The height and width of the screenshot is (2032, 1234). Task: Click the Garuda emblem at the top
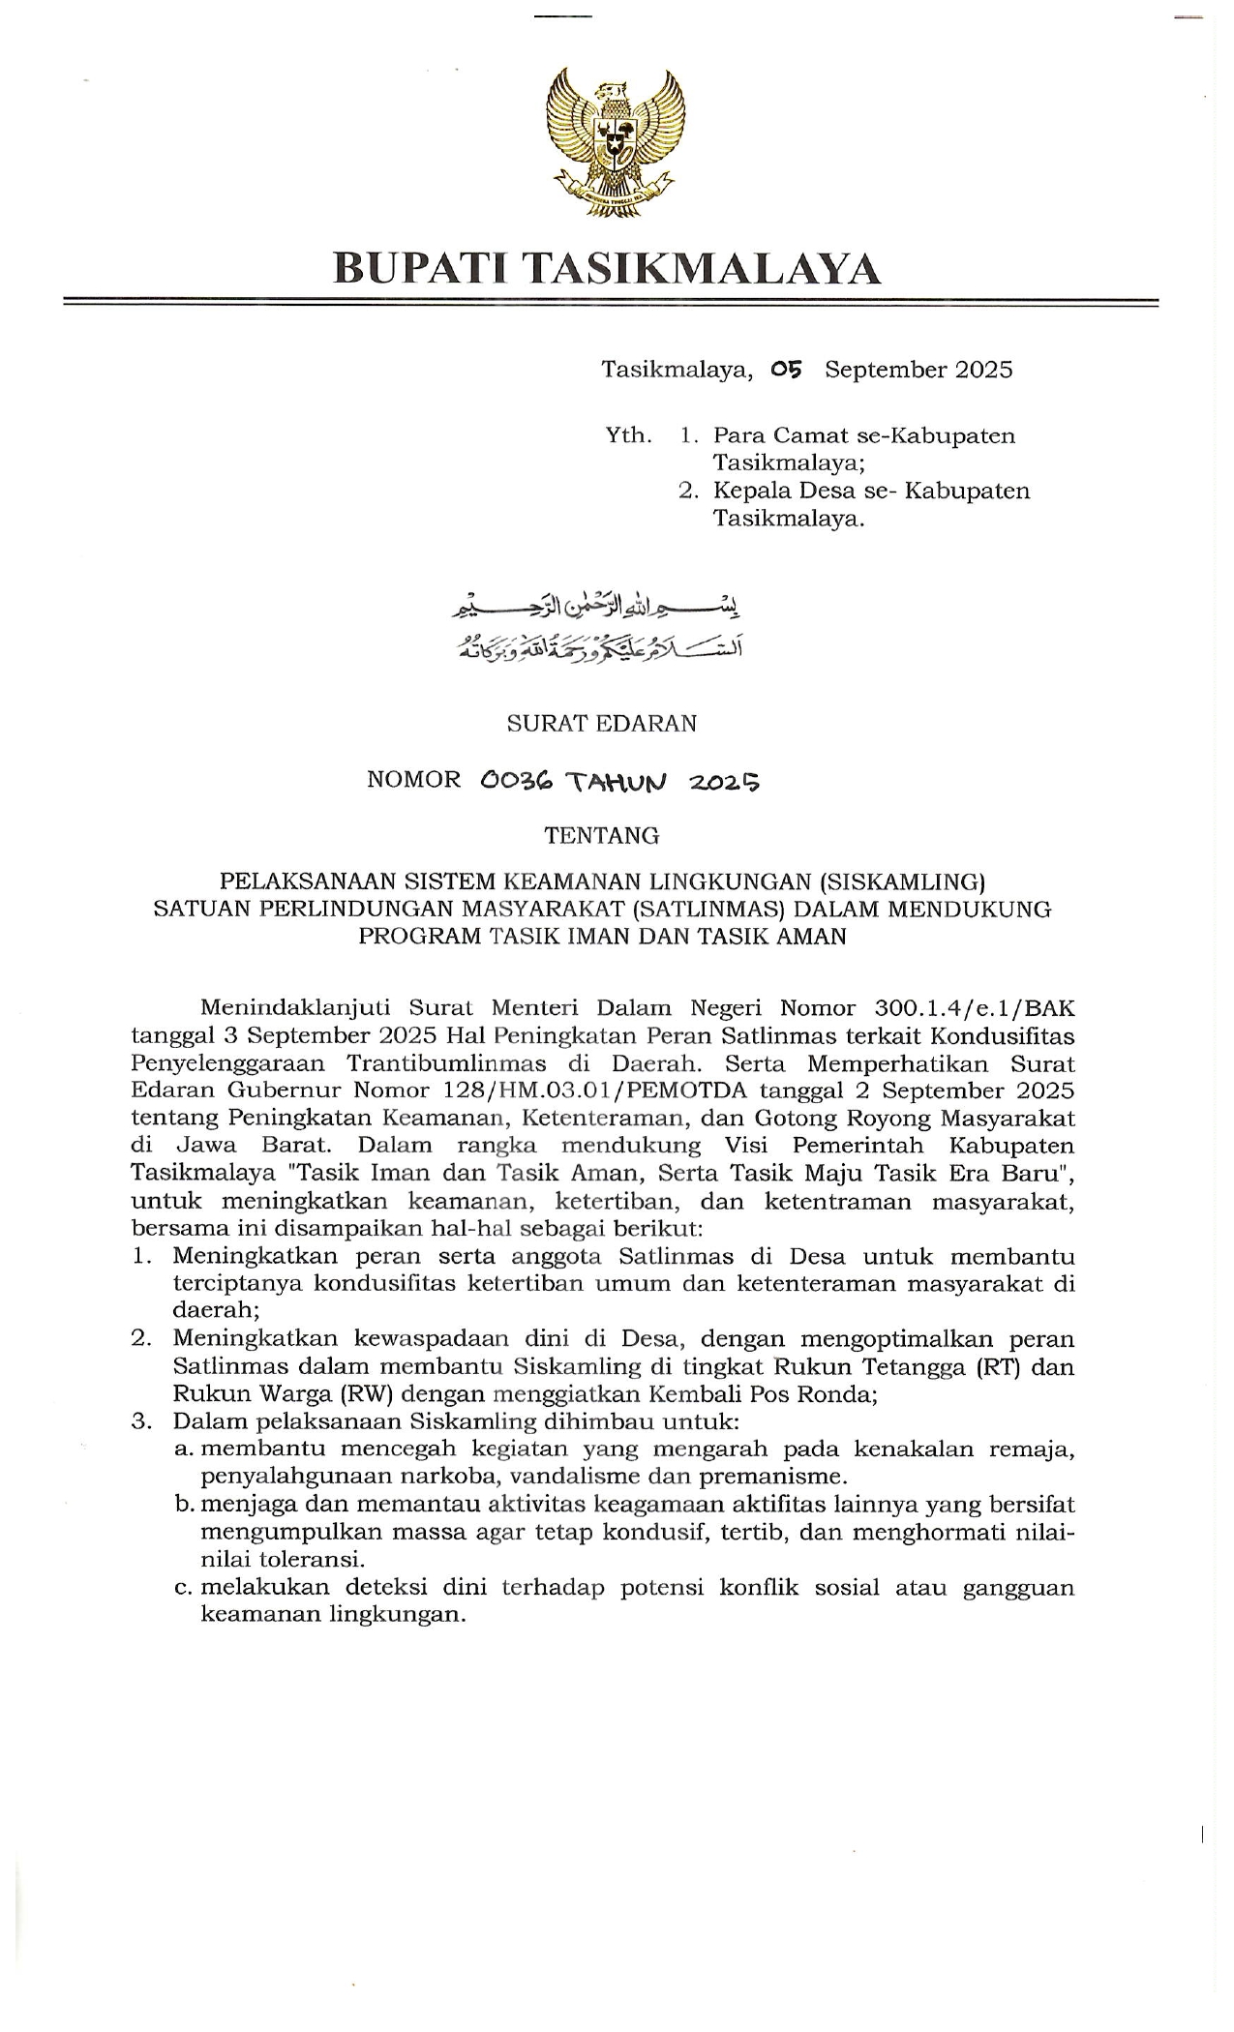(x=616, y=144)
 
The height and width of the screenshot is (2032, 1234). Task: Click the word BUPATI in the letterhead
(x=413, y=268)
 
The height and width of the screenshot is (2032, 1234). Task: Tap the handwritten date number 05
(x=787, y=369)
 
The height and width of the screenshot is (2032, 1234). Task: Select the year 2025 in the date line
(x=982, y=369)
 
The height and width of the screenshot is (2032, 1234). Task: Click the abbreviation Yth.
(x=628, y=434)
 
